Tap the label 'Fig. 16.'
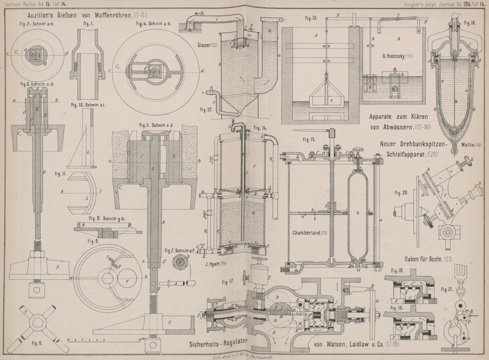pyautogui.click(x=469, y=23)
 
